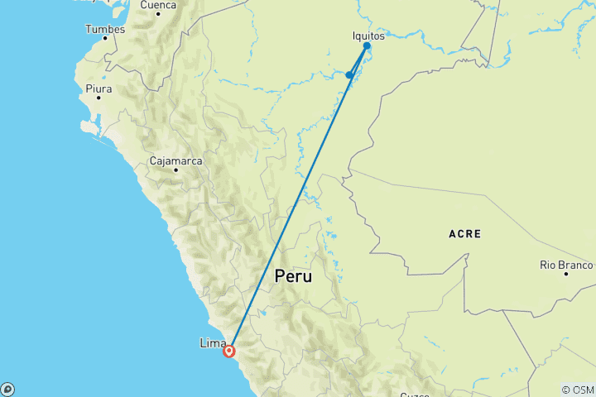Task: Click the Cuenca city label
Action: tap(158, 5)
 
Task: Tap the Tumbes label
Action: tap(105, 30)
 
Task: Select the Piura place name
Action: tap(98, 87)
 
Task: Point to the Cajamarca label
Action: tap(176, 160)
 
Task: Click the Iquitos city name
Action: tap(368, 36)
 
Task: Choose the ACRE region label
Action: tap(465, 234)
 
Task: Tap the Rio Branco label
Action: tap(566, 265)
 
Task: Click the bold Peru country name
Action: tap(294, 276)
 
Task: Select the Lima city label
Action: tap(213, 342)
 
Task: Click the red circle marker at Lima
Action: tap(229, 351)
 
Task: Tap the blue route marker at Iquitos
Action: tap(367, 46)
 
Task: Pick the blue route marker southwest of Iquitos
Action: tap(350, 75)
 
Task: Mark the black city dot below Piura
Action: tap(98, 98)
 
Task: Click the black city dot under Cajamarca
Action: tap(175, 171)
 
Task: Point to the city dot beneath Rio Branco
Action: tap(566, 274)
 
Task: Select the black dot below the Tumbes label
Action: tap(106, 41)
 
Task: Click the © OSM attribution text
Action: tap(577, 390)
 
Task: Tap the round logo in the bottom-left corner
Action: tap(7, 390)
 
